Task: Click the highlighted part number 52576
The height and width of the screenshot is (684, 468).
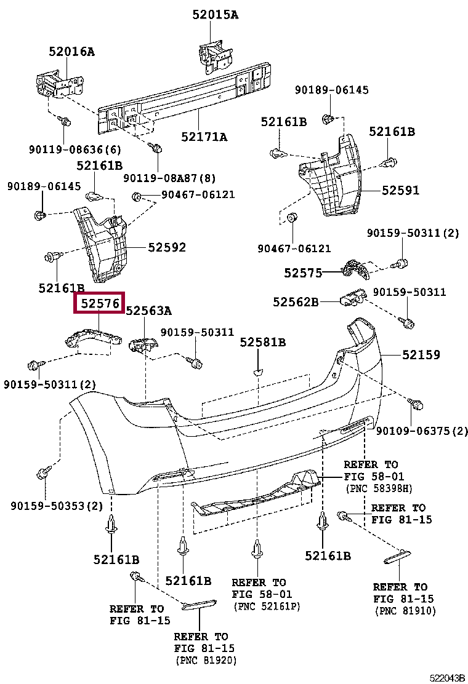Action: pos(99,303)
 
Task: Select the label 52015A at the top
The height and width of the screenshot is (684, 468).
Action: pos(214,14)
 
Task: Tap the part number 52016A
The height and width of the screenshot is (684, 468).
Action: pos(72,52)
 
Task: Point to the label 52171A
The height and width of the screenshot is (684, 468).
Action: pos(204,137)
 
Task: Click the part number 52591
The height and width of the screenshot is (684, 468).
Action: pos(400,191)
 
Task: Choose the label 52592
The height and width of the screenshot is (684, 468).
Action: pos(166,247)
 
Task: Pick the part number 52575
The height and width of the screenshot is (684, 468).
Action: pos(303,272)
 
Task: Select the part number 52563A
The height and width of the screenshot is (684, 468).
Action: pos(148,311)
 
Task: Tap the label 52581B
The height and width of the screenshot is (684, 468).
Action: pos(263,342)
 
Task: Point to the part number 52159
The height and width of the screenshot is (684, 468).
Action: pos(421,355)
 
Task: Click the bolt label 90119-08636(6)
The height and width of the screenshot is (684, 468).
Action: pos(75,149)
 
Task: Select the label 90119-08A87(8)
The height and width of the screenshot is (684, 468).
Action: pos(169,178)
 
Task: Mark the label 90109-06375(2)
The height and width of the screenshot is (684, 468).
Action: pos(422,431)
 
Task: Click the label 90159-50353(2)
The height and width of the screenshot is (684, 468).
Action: pos(57,506)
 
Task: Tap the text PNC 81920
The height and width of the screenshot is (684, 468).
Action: pos(206,661)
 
